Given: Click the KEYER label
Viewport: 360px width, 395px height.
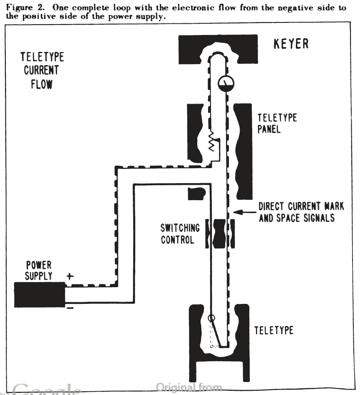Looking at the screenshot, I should [x=291, y=44].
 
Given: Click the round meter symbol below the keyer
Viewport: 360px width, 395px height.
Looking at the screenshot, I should [x=226, y=84].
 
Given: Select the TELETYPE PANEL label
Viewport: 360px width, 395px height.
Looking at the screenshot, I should [x=277, y=123].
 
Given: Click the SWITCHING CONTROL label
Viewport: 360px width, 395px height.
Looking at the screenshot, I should [x=180, y=234].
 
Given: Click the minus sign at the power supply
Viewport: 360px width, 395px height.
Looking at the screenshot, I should [x=70, y=308].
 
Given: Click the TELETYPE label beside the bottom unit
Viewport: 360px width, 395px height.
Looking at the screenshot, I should [x=274, y=330].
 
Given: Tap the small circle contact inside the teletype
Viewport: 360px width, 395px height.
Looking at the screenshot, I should [x=211, y=318].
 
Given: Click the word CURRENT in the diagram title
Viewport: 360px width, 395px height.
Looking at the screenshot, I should [x=42, y=70].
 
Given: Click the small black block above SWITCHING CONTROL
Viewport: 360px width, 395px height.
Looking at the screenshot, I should [x=197, y=193].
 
